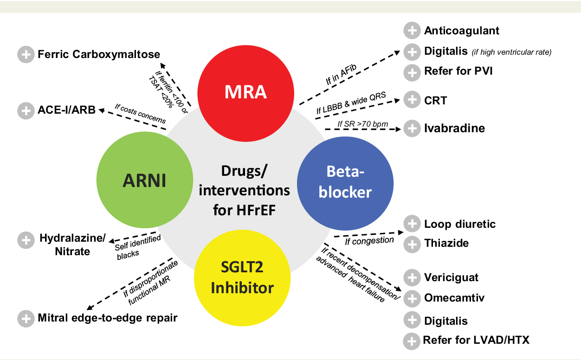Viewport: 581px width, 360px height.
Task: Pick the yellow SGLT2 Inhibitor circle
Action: click(242, 277)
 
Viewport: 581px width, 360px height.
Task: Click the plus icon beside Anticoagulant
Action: click(411, 31)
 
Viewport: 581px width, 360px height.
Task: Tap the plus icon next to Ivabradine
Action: click(411, 129)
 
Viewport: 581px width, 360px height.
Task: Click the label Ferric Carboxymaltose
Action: click(99, 54)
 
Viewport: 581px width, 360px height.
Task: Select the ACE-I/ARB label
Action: click(66, 110)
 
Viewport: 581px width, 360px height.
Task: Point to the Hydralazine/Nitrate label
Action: click(72, 245)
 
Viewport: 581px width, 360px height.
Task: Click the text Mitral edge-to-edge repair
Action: click(108, 318)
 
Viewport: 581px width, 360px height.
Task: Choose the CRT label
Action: click(435, 100)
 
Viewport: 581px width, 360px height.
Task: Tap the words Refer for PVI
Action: click(458, 72)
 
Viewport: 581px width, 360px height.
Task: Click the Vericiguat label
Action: click(451, 278)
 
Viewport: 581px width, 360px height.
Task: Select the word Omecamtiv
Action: click(454, 298)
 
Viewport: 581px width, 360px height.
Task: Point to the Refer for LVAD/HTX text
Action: click(476, 341)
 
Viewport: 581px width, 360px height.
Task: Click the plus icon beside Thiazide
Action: click(411, 244)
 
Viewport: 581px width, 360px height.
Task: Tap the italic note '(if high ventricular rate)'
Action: click(511, 52)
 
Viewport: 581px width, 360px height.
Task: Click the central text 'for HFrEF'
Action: click(245, 210)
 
